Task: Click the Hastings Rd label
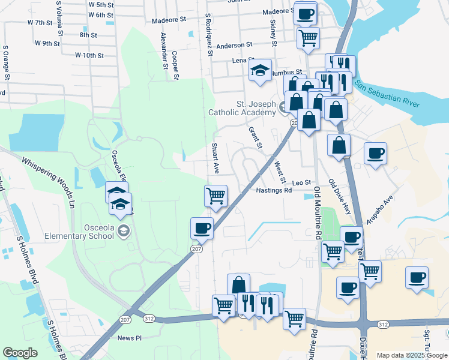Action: [274, 190]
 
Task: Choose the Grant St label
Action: [256, 137]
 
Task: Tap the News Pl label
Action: [130, 338]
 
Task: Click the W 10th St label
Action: [89, 55]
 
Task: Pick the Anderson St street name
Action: [234, 46]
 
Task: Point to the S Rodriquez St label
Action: [209, 35]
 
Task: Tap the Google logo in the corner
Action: [20, 353]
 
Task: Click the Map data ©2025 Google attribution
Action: [411, 355]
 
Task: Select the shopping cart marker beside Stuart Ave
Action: [215, 196]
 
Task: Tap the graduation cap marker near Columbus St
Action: [260, 70]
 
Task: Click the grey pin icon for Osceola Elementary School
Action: [123, 231]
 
